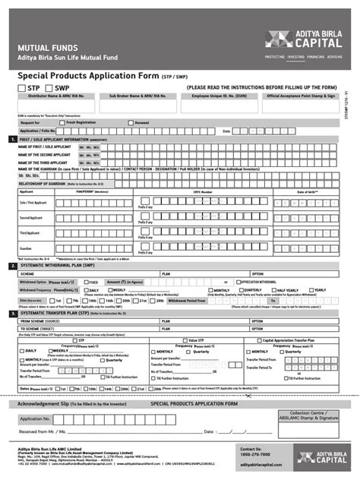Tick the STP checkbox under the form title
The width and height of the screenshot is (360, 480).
[x=12, y=88]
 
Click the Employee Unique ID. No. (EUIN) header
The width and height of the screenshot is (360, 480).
[x=220, y=96]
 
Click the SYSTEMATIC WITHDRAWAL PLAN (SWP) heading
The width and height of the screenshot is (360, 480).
[x=61, y=266]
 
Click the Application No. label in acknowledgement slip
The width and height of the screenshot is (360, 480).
[x=36, y=418]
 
